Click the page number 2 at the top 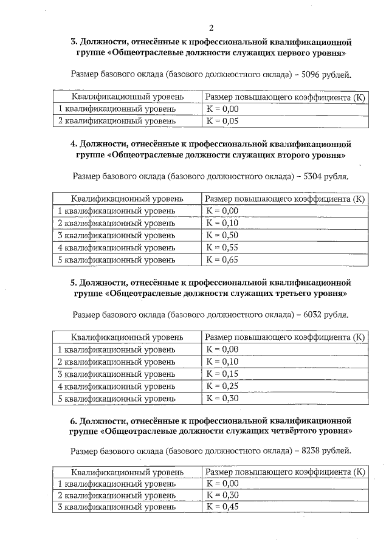click(x=210, y=28)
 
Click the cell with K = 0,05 click(x=222, y=121)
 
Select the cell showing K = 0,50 click(x=222, y=235)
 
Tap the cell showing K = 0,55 click(x=222, y=247)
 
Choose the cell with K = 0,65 click(x=222, y=260)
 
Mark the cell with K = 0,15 click(x=222, y=374)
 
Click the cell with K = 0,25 click(x=222, y=386)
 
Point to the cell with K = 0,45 click(x=222, y=506)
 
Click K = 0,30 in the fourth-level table click(x=222, y=495)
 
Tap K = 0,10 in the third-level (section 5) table click(x=222, y=362)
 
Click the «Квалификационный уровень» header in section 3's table click(x=126, y=97)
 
